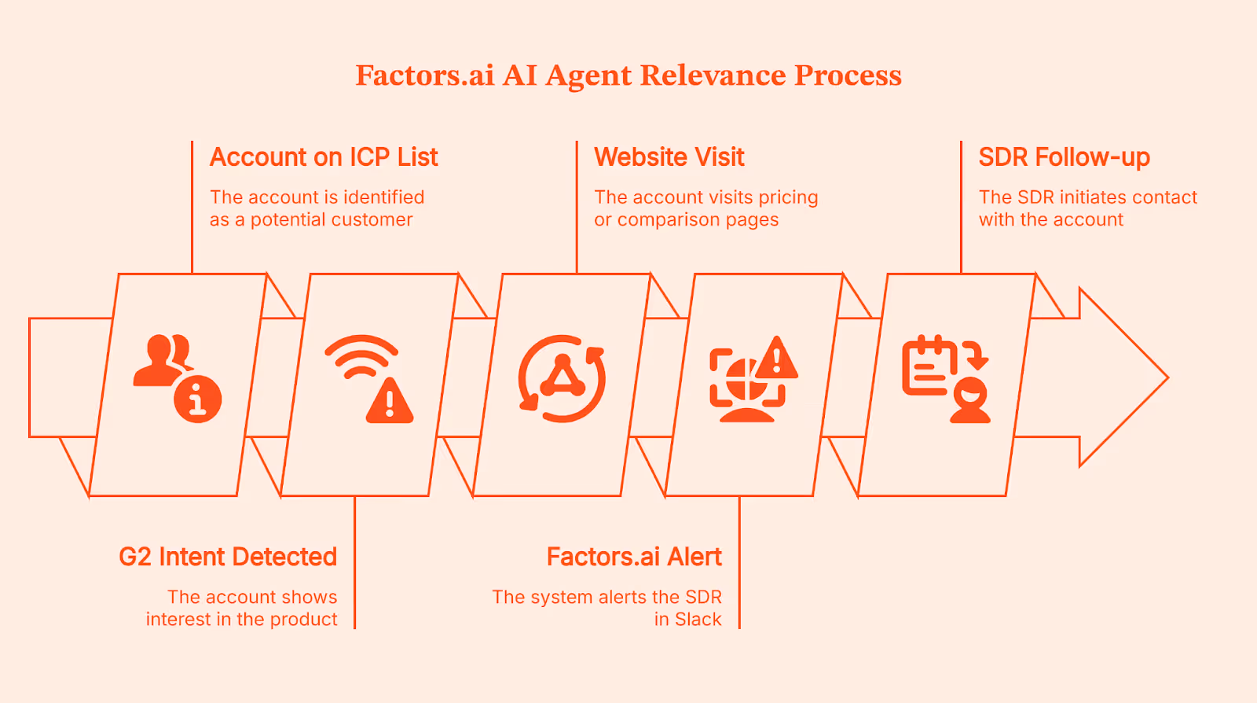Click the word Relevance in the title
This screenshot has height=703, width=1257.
(713, 75)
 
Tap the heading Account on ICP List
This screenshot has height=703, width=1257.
(324, 157)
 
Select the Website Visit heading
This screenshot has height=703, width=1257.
(669, 157)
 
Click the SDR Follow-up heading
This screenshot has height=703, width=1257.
(1065, 157)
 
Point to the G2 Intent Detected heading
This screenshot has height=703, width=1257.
(228, 557)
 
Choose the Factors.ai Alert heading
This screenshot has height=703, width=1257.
(634, 557)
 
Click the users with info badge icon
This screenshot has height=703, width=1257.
(178, 378)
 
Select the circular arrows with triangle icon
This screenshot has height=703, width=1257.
(562, 378)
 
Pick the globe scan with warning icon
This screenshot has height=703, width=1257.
(753, 378)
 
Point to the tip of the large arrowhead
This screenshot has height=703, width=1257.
(1166, 377)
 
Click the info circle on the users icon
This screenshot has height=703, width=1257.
(198, 399)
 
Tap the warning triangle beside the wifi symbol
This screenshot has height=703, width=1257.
(390, 402)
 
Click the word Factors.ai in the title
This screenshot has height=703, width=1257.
(425, 75)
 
